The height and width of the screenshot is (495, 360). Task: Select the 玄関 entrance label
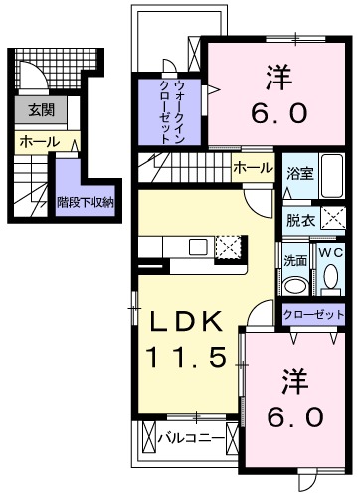[x=41, y=110]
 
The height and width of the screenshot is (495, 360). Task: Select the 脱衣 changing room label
[x=299, y=220]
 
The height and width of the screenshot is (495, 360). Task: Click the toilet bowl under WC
[x=330, y=281]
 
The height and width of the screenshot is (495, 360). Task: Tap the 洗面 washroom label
[x=295, y=261]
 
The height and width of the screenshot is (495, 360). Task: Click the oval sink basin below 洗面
[x=294, y=285]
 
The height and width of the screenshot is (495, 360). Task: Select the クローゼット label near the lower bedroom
[x=313, y=315]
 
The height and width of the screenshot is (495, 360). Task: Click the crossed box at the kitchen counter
[x=228, y=247]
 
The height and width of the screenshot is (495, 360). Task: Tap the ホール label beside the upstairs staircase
[x=252, y=169]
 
